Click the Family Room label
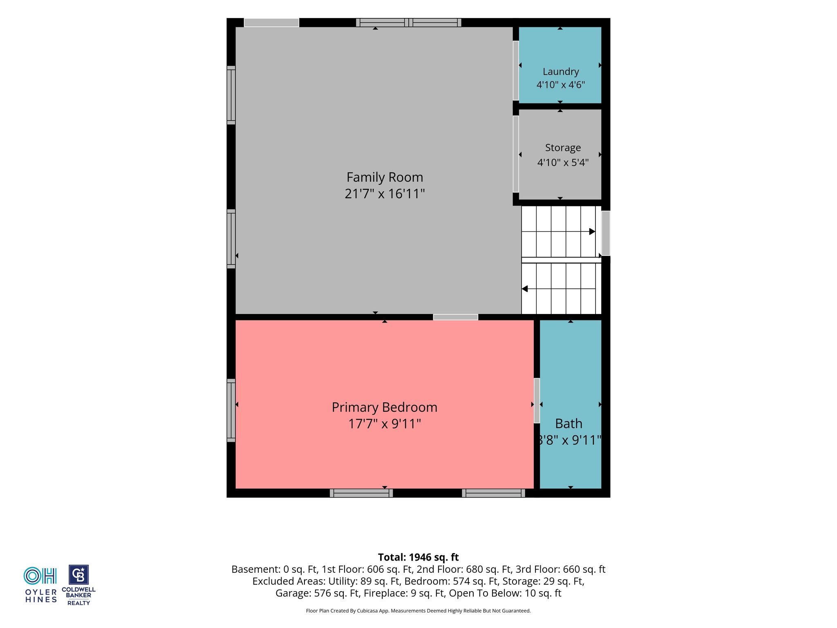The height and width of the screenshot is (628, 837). click(x=385, y=177)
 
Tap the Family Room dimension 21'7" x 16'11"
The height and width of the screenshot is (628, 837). click(x=385, y=193)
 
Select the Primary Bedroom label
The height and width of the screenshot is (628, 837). click(x=385, y=407)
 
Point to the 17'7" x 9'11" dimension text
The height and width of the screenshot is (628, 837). click(x=385, y=424)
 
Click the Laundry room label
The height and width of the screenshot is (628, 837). click(x=561, y=72)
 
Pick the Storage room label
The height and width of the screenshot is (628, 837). click(x=563, y=148)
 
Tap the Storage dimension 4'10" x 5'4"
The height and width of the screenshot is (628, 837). click(x=563, y=162)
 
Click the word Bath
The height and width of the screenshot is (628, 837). click(x=568, y=424)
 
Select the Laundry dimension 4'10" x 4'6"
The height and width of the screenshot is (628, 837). click(x=561, y=85)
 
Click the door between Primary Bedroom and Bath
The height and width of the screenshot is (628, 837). click(x=537, y=401)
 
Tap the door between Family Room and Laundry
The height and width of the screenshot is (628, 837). click(x=516, y=70)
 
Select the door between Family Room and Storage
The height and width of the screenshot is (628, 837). click(x=516, y=154)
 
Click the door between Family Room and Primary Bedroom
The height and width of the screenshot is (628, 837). click(x=456, y=317)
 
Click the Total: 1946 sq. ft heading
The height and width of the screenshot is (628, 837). click(x=418, y=557)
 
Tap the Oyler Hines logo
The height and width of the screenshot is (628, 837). click(x=41, y=585)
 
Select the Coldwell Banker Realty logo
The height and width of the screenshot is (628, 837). click(x=78, y=585)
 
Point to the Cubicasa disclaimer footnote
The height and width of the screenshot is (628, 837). click(x=418, y=611)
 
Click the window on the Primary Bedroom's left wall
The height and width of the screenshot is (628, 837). click(x=231, y=410)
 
